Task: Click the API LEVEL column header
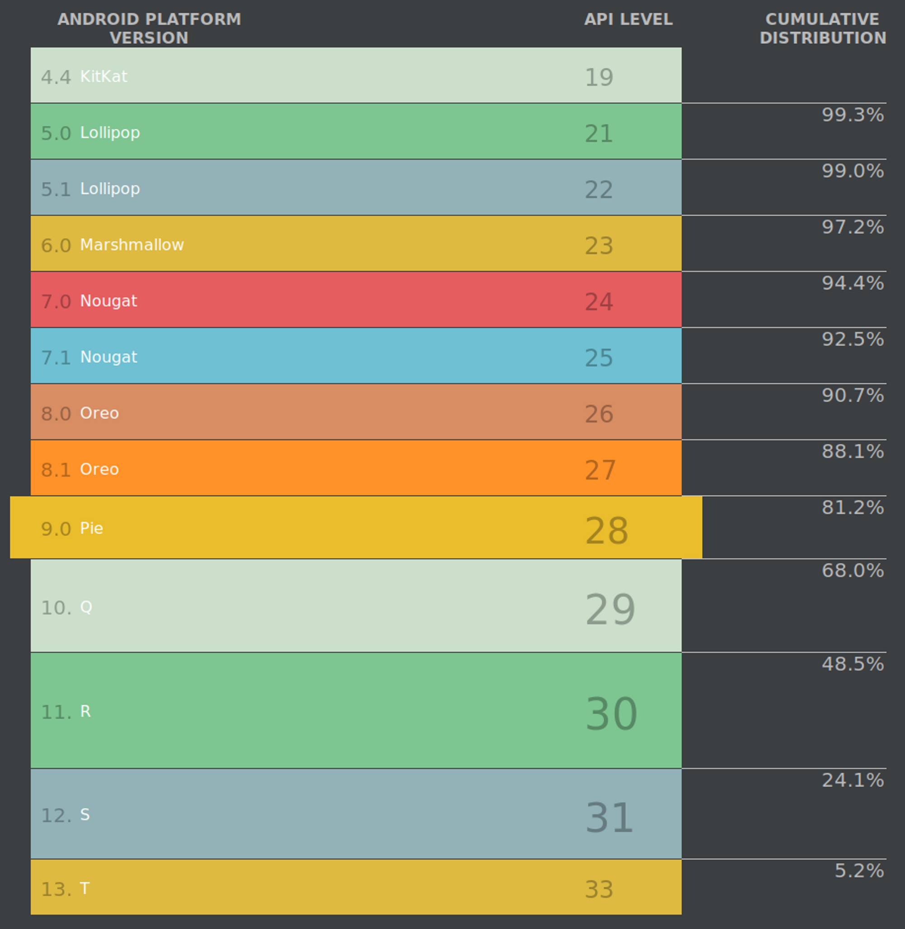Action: (628, 19)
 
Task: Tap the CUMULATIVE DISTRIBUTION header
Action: (822, 28)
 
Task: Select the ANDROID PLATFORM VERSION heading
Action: (149, 28)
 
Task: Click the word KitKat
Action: (104, 76)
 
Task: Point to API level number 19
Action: (599, 77)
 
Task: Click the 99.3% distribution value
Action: (852, 115)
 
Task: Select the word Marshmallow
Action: (132, 245)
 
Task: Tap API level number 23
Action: (599, 246)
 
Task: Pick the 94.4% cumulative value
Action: (852, 283)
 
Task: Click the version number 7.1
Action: (56, 358)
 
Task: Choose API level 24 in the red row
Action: (599, 302)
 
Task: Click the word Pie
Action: (91, 528)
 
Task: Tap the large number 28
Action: (606, 531)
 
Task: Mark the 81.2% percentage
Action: (852, 507)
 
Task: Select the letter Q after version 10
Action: (86, 607)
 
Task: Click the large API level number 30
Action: (611, 714)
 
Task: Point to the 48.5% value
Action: (852, 664)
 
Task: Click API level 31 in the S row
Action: (609, 818)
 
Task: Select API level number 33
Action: (599, 890)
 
